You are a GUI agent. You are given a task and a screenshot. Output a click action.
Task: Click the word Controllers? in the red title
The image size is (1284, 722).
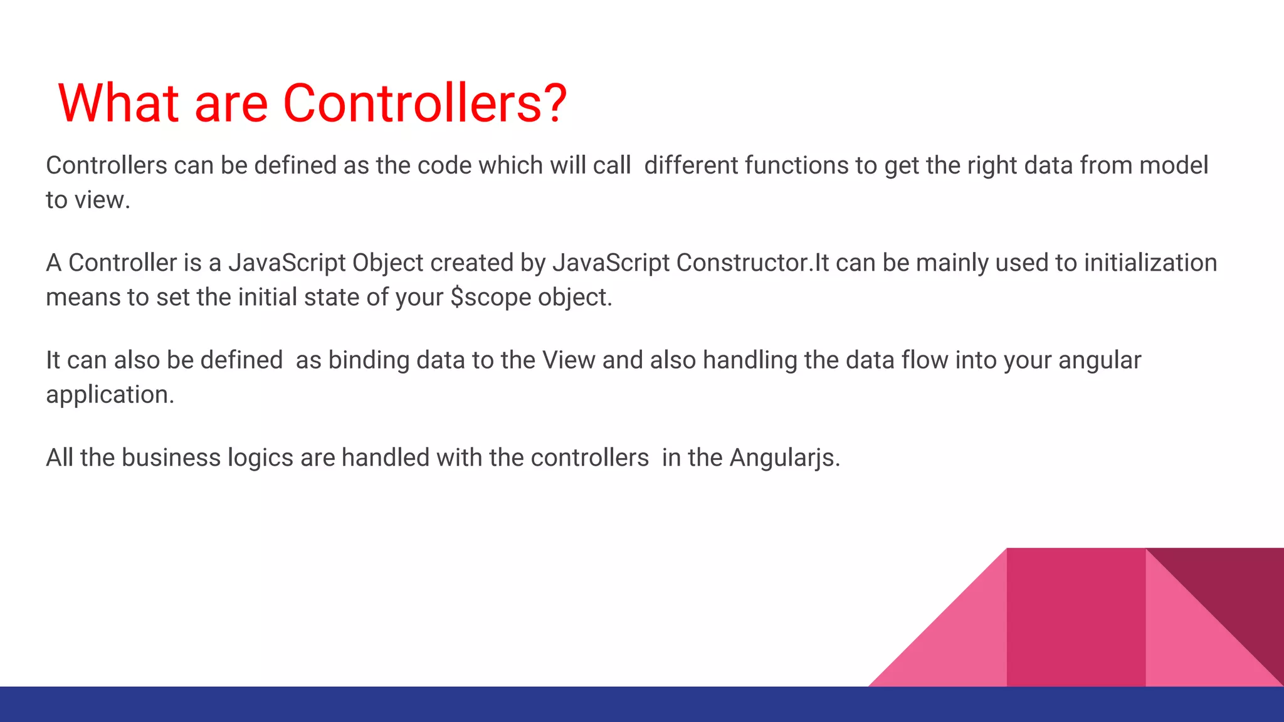pos(425,103)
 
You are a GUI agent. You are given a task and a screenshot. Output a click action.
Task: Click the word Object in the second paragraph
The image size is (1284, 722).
pos(387,263)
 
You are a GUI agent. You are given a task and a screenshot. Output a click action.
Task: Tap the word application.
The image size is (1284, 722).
pos(110,395)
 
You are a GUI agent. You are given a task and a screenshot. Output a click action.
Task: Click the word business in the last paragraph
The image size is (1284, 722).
pos(171,458)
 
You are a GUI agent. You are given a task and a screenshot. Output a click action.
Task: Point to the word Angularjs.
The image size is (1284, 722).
pos(784,458)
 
